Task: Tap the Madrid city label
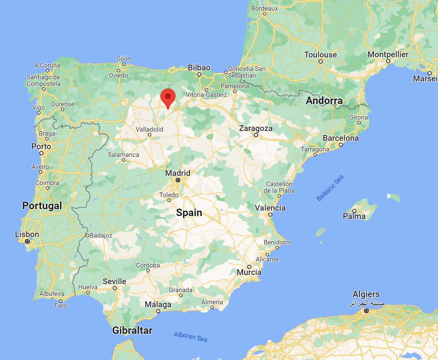coord(177,173)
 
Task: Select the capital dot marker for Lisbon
coord(27,241)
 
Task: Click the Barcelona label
coord(341,138)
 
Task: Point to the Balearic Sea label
coord(330,188)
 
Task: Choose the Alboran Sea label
coord(190,336)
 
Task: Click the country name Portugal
coord(42,206)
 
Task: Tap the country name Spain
coord(189,213)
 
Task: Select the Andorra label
coord(324,101)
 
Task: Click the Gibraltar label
coord(132,330)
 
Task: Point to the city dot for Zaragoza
coord(256,135)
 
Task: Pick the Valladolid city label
coord(149,129)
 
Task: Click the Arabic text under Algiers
coord(366,303)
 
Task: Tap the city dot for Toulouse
coord(321,61)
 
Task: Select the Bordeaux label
coord(265,8)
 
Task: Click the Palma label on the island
coord(354,216)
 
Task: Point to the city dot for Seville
coord(114,288)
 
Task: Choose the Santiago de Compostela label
coord(43,80)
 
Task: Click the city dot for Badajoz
coord(87,236)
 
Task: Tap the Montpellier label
coord(388,54)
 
